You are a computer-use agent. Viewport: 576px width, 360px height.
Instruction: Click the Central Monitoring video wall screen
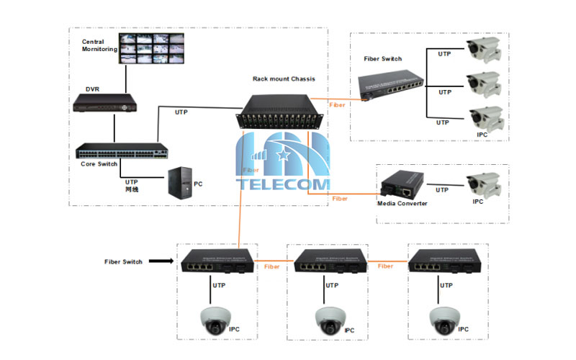(x=153, y=48)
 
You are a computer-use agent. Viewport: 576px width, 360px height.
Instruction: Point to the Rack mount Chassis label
(x=283, y=78)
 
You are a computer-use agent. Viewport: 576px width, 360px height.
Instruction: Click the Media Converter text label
(x=402, y=204)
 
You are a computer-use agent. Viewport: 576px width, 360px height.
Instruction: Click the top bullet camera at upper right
(x=482, y=50)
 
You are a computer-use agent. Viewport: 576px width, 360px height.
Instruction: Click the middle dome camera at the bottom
(x=328, y=318)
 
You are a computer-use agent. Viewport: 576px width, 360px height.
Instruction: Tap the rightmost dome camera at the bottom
(x=444, y=318)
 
